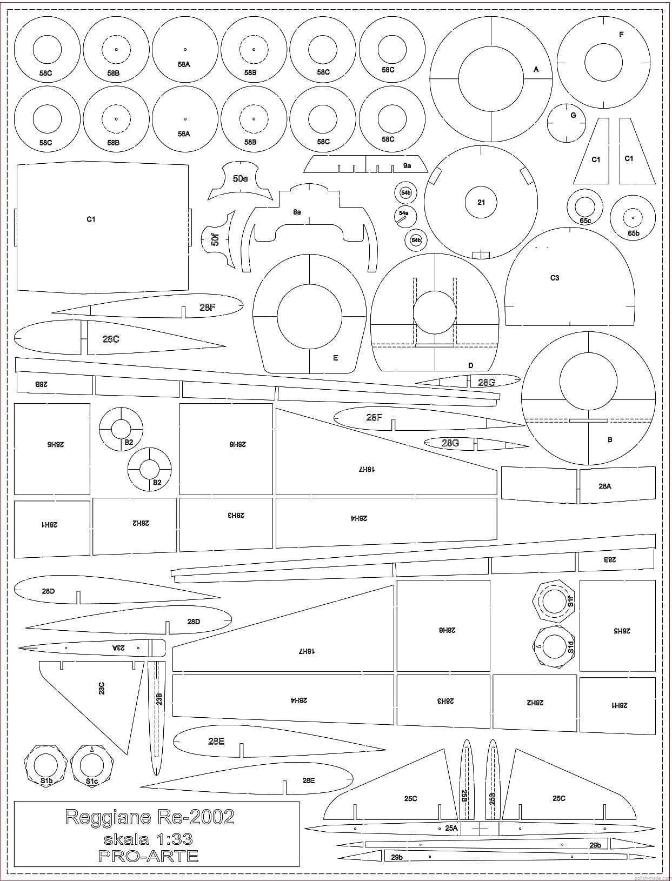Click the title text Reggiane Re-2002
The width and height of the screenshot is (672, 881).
[x=150, y=817]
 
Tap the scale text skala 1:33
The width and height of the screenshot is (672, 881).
[x=148, y=839]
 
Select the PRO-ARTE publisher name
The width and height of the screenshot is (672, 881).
[x=148, y=856]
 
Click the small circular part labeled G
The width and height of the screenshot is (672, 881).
[x=566, y=123]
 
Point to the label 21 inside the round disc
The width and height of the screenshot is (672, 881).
[x=481, y=203]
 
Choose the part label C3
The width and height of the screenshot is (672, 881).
[x=555, y=278]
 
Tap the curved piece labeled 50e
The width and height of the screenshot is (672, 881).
[x=240, y=179]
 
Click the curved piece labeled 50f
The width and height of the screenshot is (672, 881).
[x=216, y=238]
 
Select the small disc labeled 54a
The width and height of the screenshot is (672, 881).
[x=404, y=215]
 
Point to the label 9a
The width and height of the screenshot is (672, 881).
[x=407, y=166]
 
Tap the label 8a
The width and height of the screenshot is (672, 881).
[x=297, y=212]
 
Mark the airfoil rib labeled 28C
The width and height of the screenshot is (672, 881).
[x=110, y=339]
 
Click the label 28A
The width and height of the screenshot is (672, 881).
[x=605, y=486]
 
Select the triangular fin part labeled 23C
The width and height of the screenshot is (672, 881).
[x=102, y=688]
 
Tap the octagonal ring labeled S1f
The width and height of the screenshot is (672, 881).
[x=555, y=602]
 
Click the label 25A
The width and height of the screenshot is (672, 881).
[x=451, y=827]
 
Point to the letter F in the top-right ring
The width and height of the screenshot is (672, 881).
[x=621, y=35]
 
